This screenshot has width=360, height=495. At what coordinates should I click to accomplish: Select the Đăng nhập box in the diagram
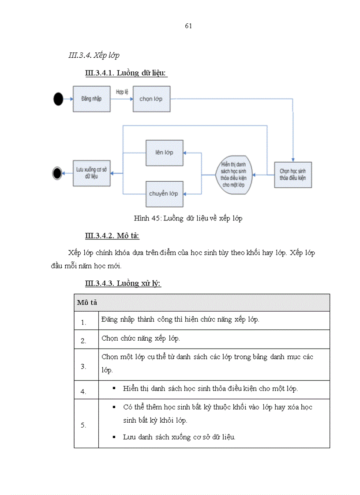[x=91, y=99]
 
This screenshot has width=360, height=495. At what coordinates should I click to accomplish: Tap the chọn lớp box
[x=151, y=99]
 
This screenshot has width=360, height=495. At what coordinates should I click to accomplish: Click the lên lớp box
[x=164, y=153]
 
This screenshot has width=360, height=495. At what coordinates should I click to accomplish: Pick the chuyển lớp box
[x=164, y=194]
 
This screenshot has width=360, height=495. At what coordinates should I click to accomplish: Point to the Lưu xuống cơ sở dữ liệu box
[x=91, y=172]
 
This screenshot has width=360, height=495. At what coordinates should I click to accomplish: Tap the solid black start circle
[x=58, y=99]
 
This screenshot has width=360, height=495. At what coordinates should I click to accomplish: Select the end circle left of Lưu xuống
[x=57, y=173]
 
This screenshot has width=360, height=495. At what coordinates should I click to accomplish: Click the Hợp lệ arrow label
[x=122, y=92]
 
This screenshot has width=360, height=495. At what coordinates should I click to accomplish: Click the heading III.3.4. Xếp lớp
[x=94, y=56]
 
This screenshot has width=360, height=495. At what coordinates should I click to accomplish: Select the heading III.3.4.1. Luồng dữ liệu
[x=126, y=73]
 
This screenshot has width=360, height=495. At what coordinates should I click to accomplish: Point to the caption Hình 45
[x=188, y=218]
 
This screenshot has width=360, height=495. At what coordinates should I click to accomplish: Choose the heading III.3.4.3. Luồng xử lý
[x=123, y=283]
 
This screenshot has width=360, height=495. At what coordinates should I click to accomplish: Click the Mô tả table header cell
[x=87, y=302]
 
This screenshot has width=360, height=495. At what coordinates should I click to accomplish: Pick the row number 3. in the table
[x=83, y=366]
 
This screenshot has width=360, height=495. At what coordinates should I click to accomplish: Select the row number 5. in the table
[x=83, y=425]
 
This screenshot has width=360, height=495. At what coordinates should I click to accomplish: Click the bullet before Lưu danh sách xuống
[x=114, y=437]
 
